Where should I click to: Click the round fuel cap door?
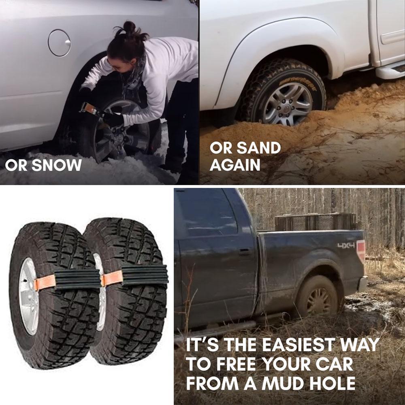pos(59,43)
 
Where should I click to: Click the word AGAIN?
pos(235,166)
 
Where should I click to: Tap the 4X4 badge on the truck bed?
pos(346,245)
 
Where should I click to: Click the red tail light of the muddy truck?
pos(361,251)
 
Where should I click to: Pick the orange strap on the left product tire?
pos(45,283)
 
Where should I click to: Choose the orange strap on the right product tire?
pos(112,278)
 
